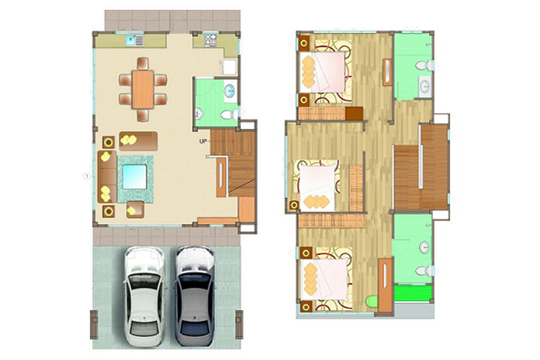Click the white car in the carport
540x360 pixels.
tap(144, 296)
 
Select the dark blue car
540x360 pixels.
tap(195, 296)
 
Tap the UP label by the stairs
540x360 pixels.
tap(203, 141)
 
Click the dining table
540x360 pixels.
tap(143, 89)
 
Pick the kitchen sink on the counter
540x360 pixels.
tap(135, 40)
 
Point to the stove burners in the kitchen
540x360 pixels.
tap(210, 40)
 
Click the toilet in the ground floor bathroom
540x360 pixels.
tap(229, 114)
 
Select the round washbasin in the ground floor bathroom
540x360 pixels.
tap(230, 91)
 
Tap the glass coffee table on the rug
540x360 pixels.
tap(135, 176)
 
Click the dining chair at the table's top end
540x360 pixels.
tap(143, 64)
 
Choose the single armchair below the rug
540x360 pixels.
tap(135, 210)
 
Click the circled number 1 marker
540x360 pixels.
tap(87, 176)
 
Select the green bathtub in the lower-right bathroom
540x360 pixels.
tap(413, 294)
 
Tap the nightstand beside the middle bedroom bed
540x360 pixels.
tap(294, 205)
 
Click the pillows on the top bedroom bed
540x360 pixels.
tap(308, 71)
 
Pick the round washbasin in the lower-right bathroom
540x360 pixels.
tap(424, 248)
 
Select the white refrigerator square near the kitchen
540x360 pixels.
tap(228, 66)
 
